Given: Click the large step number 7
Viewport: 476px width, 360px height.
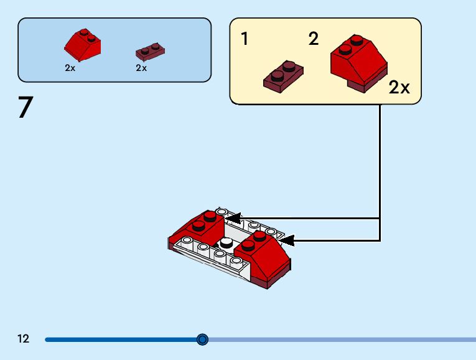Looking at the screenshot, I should click(25, 108).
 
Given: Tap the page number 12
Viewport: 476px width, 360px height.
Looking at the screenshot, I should click(24, 339).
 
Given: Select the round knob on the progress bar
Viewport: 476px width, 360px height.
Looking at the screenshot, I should click(202, 339).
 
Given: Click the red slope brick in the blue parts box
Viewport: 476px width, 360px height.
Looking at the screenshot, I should click(82, 44).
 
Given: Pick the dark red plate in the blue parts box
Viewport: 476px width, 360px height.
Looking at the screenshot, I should click(150, 50).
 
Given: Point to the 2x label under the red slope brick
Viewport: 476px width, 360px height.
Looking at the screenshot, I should click(70, 68).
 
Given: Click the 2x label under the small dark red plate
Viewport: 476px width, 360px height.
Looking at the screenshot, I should click(141, 68).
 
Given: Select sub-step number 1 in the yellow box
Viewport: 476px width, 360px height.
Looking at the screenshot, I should click(245, 39).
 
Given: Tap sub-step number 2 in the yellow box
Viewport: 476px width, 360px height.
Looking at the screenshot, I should click(314, 39).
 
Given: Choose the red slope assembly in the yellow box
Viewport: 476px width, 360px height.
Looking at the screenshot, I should click(358, 62).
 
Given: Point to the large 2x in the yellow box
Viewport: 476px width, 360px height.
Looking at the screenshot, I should click(399, 88).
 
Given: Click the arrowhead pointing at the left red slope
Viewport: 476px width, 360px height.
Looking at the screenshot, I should click(233, 218).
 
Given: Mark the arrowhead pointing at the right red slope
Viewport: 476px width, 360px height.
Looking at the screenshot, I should click(286, 239).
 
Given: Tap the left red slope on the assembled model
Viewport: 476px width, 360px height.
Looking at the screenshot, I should click(200, 227).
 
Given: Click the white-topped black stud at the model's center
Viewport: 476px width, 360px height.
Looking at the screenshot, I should click(226, 243).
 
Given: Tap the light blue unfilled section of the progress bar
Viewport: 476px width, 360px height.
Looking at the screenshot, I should click(342, 339).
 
